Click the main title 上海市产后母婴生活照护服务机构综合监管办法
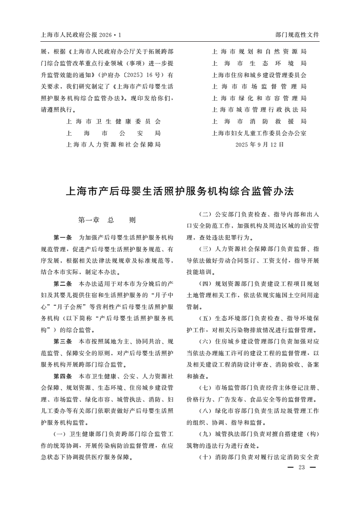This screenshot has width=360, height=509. point(180,191)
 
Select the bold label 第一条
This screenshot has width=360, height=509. point(63,237)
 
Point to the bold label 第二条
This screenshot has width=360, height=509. point(63,284)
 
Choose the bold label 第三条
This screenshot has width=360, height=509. point(63,341)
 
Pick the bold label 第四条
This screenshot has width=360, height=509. point(63,376)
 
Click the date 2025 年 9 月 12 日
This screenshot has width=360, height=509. point(259,145)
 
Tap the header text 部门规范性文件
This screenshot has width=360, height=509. point(297,34)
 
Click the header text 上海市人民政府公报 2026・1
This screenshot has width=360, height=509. point(81,34)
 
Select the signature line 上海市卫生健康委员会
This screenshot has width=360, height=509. point(113,122)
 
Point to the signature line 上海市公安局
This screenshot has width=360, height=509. point(113,133)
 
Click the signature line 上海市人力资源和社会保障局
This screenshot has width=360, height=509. point(113,145)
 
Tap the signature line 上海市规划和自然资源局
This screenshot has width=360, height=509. point(259,52)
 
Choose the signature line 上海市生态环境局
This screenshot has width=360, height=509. point(259,64)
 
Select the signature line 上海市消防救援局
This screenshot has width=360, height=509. point(259,122)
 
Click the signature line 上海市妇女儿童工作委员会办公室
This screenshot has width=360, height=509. point(259,133)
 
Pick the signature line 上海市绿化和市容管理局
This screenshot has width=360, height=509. point(259,98)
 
